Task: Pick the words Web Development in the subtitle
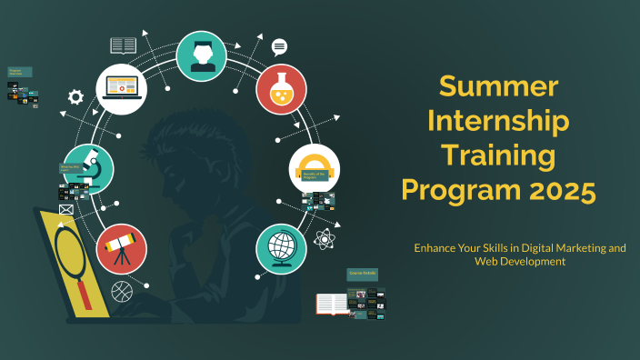point(519,261)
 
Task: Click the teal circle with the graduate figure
point(201,55)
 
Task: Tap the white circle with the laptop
point(122,88)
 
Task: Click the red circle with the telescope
point(121,248)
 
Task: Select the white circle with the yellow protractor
point(314,168)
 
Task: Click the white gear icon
point(75,96)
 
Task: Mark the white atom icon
point(325,239)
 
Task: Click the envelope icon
point(65,210)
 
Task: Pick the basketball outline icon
point(121,291)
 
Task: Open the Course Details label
point(362,274)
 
